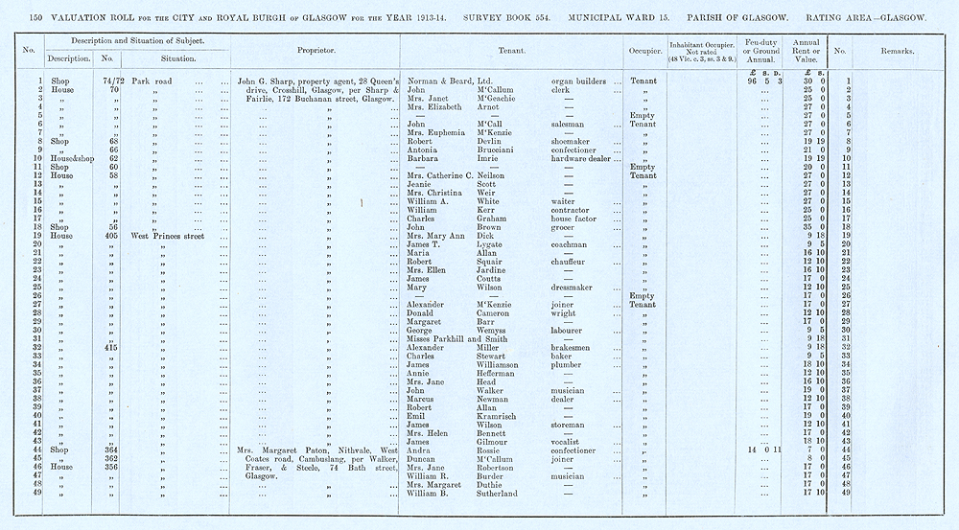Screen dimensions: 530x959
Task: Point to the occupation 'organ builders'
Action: (583, 81)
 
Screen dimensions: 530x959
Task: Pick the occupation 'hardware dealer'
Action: (584, 158)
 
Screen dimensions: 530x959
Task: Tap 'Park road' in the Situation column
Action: (152, 81)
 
